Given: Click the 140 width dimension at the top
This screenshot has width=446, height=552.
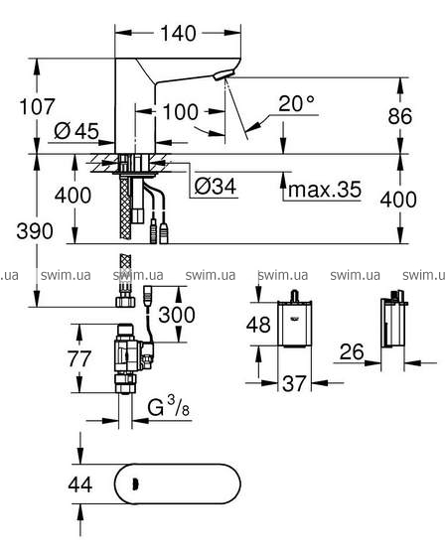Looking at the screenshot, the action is (x=178, y=34).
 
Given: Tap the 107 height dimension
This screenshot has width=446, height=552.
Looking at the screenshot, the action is (x=38, y=106).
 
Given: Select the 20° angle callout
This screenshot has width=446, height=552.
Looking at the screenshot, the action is (x=296, y=103).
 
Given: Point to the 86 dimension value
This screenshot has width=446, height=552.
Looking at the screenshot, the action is (x=400, y=116).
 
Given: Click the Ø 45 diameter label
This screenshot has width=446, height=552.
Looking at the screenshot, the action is (x=76, y=131).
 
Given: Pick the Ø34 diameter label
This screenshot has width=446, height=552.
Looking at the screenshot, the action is (x=216, y=186).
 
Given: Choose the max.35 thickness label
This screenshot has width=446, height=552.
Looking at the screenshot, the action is (x=325, y=190).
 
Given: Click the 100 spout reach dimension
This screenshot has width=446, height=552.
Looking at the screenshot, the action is (x=181, y=112).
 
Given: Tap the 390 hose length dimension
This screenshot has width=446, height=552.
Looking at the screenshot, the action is (x=35, y=231).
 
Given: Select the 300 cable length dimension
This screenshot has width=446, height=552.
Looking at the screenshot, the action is (x=177, y=315).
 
